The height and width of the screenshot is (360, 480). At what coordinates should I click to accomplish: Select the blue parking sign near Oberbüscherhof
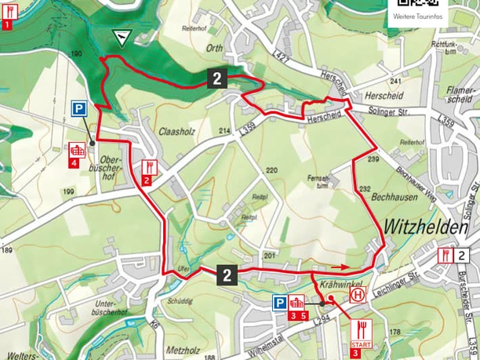point(79,110)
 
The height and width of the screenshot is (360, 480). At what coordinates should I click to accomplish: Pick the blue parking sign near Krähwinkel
point(279,303)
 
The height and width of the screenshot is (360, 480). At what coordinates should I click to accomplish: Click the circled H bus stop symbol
point(358,296)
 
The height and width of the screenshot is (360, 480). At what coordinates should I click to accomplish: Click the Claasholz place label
point(175,131)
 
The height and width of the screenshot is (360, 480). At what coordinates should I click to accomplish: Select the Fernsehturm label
point(318,181)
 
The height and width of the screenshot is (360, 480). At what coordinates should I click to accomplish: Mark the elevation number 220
point(272,170)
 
